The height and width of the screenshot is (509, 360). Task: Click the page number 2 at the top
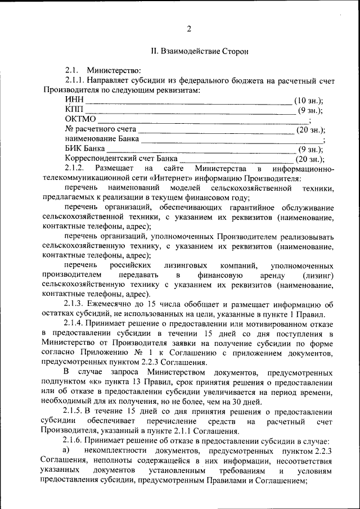(x=189, y=29)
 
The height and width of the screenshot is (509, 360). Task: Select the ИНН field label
(x=74, y=100)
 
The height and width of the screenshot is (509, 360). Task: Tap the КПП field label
(x=74, y=110)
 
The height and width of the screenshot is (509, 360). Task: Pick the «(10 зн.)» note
(x=309, y=101)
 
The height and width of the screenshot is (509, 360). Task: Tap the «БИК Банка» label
(x=84, y=150)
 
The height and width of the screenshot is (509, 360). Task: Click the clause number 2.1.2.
(x=74, y=169)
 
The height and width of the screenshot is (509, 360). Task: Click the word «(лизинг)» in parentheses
(x=318, y=275)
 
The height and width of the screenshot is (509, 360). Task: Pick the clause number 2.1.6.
(x=74, y=441)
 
